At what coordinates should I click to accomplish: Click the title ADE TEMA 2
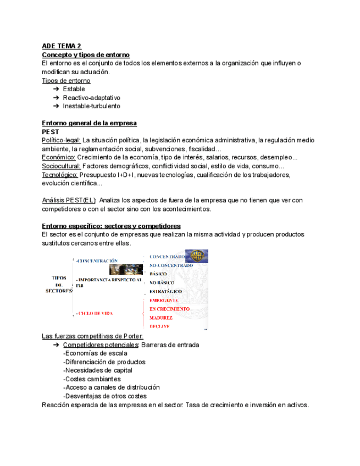tap(62, 47)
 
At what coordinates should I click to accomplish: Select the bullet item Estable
tap(74, 89)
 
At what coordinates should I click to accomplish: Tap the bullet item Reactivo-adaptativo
tap(91, 98)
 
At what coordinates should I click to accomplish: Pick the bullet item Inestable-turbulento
tap(91, 106)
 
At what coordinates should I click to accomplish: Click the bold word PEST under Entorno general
tap(51, 132)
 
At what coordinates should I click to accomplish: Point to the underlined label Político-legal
tap(62, 140)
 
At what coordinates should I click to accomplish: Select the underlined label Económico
tap(58, 157)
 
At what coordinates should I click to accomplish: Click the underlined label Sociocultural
tap(62, 166)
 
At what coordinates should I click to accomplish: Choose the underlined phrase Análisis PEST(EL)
tap(69, 200)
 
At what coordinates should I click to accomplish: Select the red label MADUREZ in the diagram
tap(160, 318)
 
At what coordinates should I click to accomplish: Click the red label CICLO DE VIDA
tap(95, 313)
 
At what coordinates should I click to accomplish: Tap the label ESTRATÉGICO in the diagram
tap(165, 291)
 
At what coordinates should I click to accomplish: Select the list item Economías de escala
tap(95, 353)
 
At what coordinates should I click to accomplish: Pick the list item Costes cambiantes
tap(92, 379)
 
